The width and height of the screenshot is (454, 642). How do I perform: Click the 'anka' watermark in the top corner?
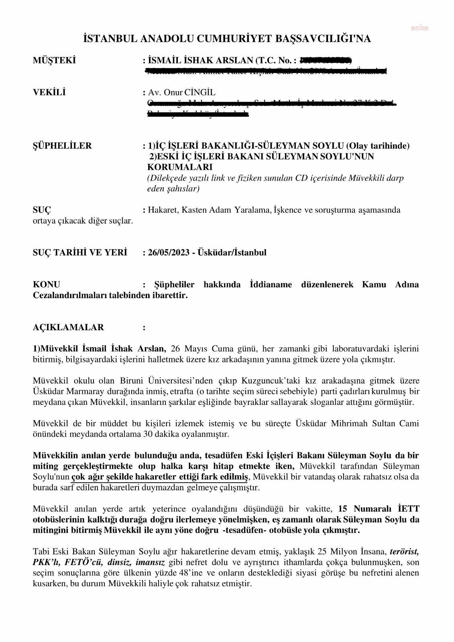point(419,28)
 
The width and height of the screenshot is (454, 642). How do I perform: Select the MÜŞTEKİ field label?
point(54,61)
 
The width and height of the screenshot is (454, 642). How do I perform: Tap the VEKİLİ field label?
point(49,92)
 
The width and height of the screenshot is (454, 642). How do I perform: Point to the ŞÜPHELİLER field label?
point(62,146)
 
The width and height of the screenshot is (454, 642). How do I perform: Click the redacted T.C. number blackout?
point(326,61)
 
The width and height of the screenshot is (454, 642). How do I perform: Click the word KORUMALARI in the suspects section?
point(180,167)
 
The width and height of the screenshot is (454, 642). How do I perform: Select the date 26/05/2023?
point(169,253)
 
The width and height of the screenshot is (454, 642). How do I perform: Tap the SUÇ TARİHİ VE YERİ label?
point(80,253)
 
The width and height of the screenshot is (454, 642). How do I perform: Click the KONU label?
point(46,285)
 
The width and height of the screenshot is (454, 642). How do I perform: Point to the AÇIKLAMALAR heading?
point(68,327)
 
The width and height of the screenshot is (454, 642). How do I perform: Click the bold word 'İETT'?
point(408,509)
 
